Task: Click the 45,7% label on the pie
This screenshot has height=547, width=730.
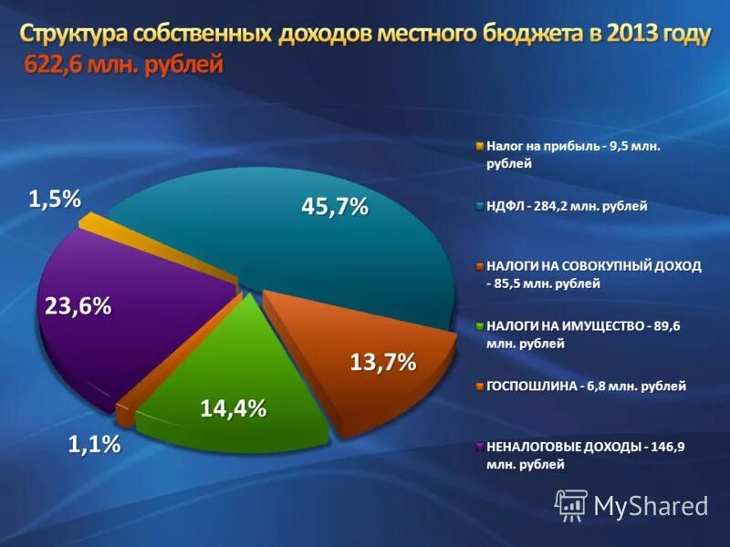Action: point(335,207)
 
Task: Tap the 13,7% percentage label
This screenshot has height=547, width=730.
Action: point(383,362)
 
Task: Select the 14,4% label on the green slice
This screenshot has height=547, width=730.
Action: point(234,409)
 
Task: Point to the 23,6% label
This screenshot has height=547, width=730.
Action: point(78,307)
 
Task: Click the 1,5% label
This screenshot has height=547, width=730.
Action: point(55,198)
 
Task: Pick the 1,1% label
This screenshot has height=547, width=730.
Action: point(95,445)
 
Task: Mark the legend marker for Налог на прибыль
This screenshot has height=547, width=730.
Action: point(479,145)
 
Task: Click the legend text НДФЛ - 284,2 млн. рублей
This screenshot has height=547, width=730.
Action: point(567,206)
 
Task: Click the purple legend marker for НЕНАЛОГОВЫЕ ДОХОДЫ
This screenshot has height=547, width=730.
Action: point(479,447)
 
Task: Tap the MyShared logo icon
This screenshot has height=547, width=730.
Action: point(571,503)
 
